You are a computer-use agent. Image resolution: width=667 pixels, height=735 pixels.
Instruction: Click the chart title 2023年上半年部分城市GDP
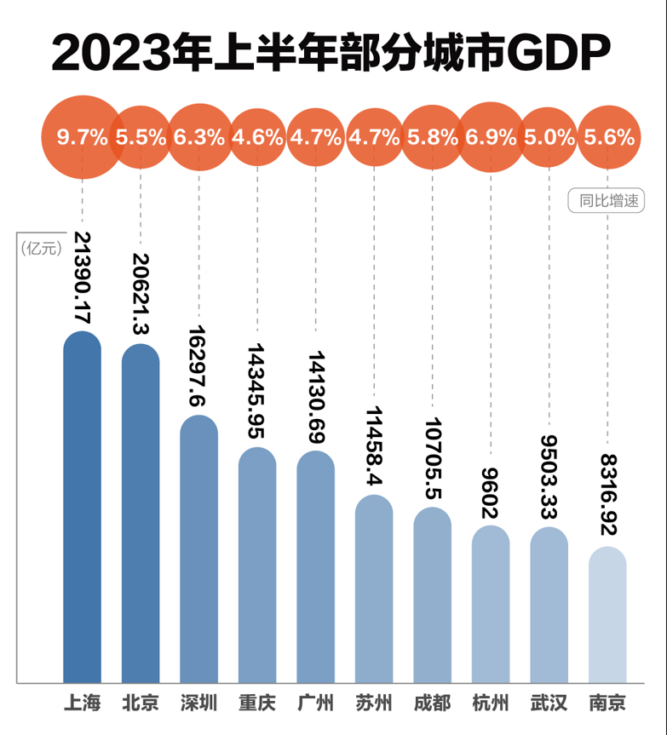click(331, 52)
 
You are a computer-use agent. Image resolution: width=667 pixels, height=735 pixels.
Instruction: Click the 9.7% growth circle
click(82, 137)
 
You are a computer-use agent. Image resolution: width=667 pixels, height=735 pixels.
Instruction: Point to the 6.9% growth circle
click(491, 137)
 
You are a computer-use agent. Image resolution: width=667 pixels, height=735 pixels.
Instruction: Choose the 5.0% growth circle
click(549, 137)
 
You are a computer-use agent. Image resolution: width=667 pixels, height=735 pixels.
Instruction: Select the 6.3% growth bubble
click(199, 137)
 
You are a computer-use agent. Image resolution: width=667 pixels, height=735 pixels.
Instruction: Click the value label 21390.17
click(83, 277)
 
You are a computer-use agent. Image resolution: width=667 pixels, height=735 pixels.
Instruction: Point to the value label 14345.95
click(257, 392)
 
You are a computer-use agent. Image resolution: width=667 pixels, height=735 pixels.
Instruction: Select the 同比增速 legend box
click(606, 202)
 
